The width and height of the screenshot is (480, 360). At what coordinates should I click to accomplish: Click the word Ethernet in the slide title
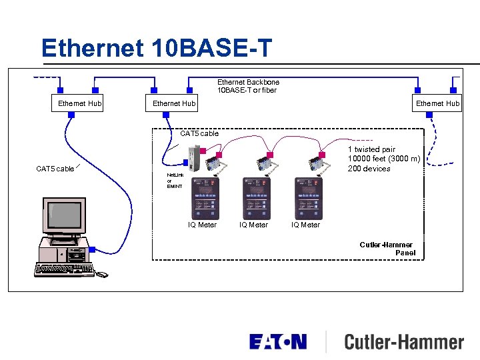[x=92, y=47]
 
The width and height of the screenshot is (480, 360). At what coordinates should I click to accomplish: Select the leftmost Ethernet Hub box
[x=79, y=103]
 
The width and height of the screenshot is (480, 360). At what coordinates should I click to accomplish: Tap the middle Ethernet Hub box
[x=174, y=103]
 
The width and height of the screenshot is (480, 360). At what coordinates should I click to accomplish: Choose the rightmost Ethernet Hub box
[x=437, y=103]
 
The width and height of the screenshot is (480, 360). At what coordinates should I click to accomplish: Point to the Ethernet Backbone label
[x=248, y=82]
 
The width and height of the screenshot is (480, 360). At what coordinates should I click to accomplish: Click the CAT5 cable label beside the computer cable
[x=55, y=169]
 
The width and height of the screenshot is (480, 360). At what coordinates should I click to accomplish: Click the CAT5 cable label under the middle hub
[x=199, y=133]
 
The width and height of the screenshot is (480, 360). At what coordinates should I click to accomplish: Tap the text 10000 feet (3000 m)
[x=384, y=159]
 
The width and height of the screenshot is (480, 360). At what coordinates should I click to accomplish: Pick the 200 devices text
[x=369, y=168]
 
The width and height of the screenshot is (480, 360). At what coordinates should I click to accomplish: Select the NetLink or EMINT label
[x=175, y=180]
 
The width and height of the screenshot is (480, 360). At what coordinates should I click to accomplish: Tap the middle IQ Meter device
[x=256, y=198]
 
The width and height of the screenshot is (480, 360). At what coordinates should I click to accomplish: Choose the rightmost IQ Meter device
[x=307, y=198]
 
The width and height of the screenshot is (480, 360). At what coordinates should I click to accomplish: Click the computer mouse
[x=101, y=274]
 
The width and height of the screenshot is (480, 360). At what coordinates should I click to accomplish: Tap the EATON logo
[x=278, y=342]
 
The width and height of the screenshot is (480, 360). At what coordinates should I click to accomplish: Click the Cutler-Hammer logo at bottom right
[x=403, y=343]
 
